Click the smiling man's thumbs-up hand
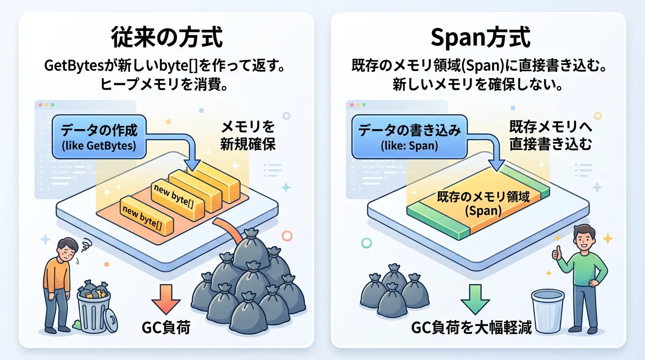556,253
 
